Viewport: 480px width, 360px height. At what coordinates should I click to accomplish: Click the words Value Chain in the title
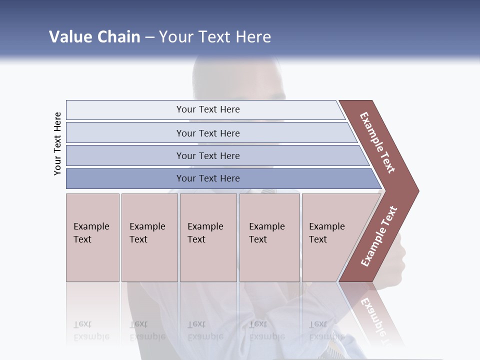point(94,37)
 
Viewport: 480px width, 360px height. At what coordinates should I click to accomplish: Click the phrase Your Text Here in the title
point(215,37)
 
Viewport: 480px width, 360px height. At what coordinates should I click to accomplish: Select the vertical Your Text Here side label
point(57,143)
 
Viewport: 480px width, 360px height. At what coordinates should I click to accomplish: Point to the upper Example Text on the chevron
point(377,142)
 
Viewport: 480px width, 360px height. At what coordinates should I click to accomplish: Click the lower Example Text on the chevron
point(379,236)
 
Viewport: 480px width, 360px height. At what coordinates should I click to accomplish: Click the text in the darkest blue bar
point(208,178)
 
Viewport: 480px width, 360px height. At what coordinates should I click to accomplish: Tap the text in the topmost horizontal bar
point(208,109)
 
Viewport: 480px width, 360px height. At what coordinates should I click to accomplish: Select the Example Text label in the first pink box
point(91,233)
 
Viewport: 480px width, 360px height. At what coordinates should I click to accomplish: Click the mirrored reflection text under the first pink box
point(91,331)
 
